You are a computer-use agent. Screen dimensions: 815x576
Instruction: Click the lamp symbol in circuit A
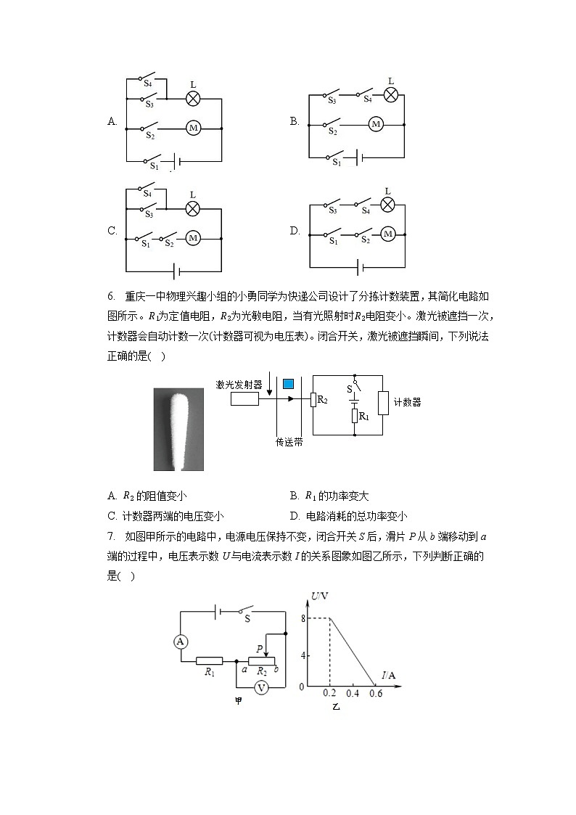pyautogui.click(x=193, y=99)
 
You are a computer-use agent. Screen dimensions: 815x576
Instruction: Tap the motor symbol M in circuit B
pyautogui.click(x=376, y=125)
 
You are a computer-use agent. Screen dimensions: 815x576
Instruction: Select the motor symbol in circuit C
pyautogui.click(x=193, y=238)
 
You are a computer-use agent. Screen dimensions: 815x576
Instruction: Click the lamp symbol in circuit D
pyautogui.click(x=388, y=205)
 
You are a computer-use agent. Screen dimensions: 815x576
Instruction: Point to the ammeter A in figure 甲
pyautogui.click(x=181, y=641)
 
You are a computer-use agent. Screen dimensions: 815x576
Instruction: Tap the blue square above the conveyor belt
pyautogui.click(x=289, y=383)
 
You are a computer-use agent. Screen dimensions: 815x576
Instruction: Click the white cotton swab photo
pyautogui.click(x=178, y=429)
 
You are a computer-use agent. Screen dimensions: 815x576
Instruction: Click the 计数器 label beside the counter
pyautogui.click(x=407, y=402)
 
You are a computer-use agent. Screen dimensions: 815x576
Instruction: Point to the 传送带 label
pyautogui.click(x=289, y=441)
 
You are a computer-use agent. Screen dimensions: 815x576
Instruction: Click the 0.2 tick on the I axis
pyautogui.click(x=330, y=694)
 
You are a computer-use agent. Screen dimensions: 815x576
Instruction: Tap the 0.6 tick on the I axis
pyautogui.click(x=375, y=694)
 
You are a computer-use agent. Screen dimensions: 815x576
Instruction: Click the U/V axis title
pyautogui.click(x=321, y=597)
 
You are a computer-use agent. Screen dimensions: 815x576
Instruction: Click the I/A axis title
pyautogui.click(x=390, y=676)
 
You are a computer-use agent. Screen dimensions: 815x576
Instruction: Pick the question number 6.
pyautogui.click(x=111, y=297)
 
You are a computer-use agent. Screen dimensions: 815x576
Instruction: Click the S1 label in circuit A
pyautogui.click(x=153, y=166)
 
